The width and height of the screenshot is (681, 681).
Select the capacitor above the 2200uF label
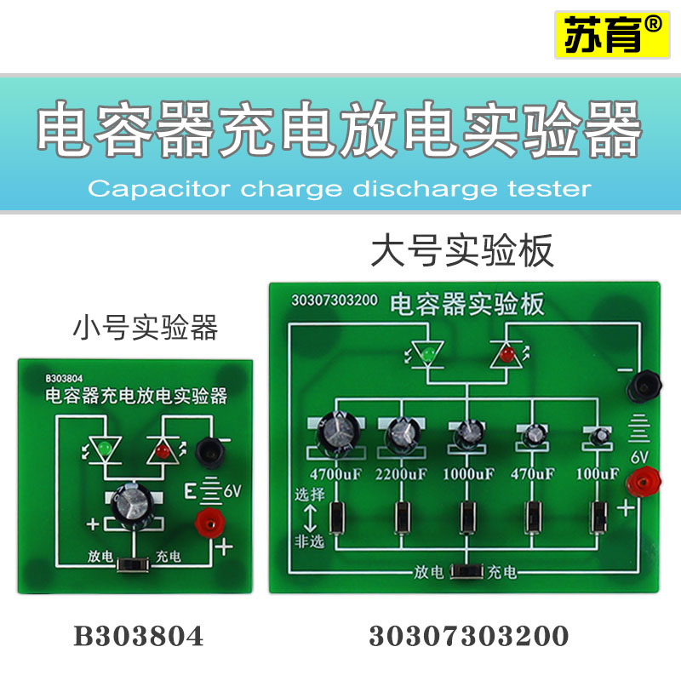[400, 436]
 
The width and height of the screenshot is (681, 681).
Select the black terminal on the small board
[206, 452]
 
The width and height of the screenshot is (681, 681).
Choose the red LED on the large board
[506, 349]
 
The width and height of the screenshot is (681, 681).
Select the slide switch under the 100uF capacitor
[599, 516]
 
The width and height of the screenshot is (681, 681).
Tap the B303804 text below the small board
[139, 636]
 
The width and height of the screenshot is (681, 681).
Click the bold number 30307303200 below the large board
[468, 636]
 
